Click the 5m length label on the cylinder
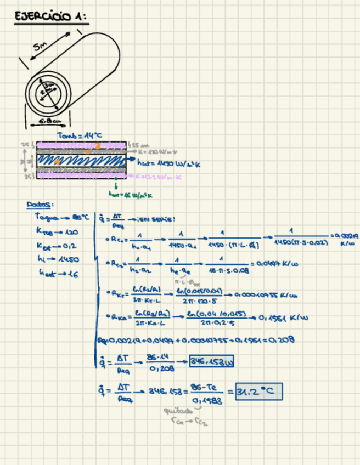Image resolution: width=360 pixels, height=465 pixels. point(40,48)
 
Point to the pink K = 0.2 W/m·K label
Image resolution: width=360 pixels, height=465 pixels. point(161,177)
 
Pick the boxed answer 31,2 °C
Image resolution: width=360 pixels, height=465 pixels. point(258,393)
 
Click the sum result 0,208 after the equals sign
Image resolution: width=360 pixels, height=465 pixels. point(284,339)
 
